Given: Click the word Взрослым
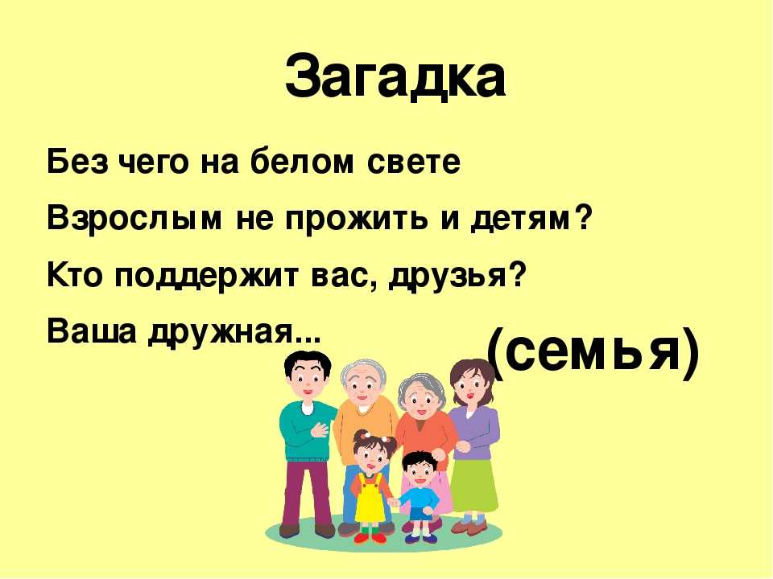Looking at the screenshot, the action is pos(134,218).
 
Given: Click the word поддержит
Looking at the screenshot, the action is pos(207,276).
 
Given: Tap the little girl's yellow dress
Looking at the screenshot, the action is pos(370,499).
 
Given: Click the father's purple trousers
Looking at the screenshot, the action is pos(307,492).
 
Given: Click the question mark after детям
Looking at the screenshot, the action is pos(582,216).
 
